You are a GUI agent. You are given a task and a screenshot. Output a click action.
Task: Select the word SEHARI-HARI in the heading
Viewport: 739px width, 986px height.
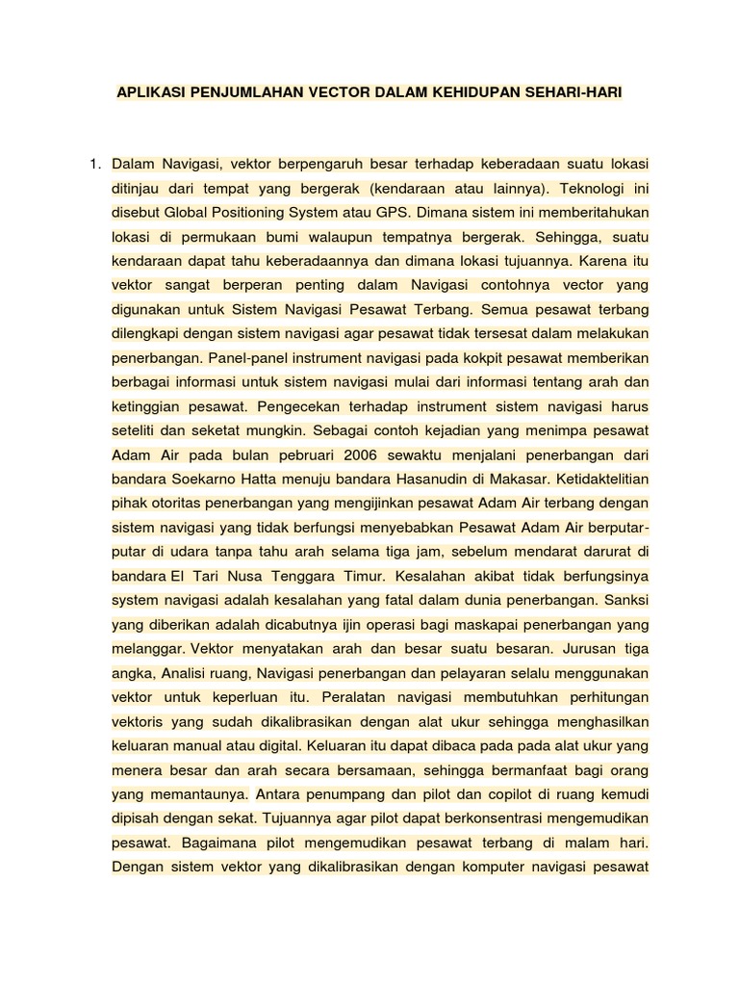(573, 93)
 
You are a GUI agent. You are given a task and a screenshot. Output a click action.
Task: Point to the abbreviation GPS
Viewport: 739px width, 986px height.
(373, 211)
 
